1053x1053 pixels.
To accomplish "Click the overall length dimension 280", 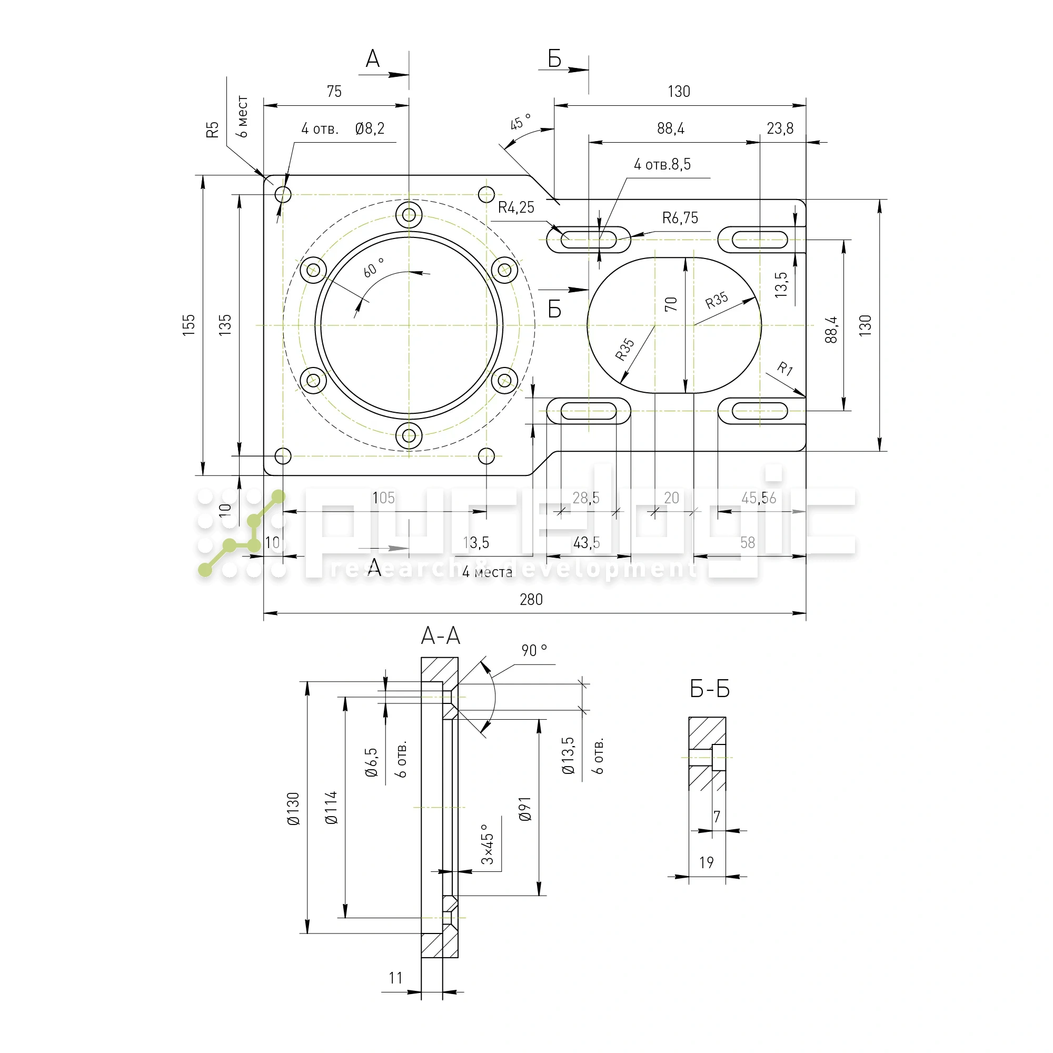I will click(531, 600).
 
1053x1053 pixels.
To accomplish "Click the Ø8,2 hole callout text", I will click(370, 128).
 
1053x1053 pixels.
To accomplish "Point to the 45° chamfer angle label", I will click(520, 122).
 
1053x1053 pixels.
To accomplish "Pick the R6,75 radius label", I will click(680, 218).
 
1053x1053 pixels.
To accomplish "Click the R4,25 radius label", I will click(515, 207).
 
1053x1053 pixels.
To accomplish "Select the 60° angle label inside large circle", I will click(373, 267).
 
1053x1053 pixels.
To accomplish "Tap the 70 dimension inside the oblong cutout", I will click(670, 304).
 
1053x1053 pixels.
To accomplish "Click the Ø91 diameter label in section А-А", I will click(525, 809).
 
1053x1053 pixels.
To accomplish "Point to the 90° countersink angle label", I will click(533, 650).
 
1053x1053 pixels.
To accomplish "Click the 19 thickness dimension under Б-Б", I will click(707, 862).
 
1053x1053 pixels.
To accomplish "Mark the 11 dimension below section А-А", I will click(396, 978).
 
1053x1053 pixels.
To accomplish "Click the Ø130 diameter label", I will click(293, 809).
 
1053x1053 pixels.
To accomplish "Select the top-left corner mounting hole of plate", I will click(283, 194).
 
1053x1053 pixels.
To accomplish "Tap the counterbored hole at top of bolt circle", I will click(409, 214).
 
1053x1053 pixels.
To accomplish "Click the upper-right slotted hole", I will click(759, 239).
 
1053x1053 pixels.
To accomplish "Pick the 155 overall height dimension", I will click(188, 325).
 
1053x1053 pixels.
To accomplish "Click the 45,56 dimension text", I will click(758, 498).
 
